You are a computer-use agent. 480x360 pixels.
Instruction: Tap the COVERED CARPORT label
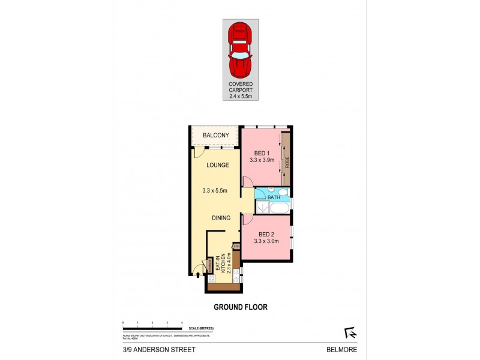[240, 88]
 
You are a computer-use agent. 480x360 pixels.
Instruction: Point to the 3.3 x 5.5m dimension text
[215, 191]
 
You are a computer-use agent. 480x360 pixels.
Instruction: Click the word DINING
[221, 218]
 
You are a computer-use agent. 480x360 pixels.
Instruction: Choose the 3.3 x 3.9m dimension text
[262, 160]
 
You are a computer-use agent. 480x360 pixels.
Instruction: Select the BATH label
[274, 197]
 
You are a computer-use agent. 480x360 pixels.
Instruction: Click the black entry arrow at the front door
[198, 275]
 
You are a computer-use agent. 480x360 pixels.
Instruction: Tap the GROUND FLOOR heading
[241, 307]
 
